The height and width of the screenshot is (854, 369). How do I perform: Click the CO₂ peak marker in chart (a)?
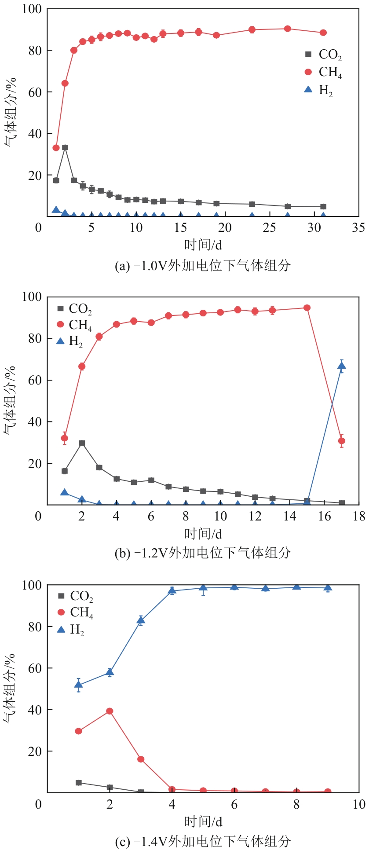tap(65, 147)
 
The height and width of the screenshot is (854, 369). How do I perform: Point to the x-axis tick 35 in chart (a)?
tap(358, 227)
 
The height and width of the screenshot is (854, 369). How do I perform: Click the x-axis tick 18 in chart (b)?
tap(359, 516)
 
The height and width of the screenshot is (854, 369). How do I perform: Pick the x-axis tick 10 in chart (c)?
tap(359, 804)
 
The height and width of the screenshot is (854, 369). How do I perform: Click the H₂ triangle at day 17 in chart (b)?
tap(341, 366)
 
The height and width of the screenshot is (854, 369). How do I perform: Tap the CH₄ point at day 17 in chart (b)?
tap(341, 441)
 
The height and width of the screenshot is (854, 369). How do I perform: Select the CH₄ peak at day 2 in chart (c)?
tap(110, 711)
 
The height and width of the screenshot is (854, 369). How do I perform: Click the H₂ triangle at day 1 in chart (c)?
tap(78, 685)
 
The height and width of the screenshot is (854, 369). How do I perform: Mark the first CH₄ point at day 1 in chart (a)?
tap(56, 148)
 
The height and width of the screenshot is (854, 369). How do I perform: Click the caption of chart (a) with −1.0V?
tap(202, 266)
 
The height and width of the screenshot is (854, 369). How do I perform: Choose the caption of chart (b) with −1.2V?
tap(202, 553)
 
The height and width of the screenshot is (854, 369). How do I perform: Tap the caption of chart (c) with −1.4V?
tap(202, 841)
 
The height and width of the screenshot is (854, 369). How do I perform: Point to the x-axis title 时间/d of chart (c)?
tap(203, 821)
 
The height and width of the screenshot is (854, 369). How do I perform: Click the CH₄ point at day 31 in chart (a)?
tap(323, 33)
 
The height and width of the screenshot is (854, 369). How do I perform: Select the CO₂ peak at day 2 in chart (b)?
tap(82, 443)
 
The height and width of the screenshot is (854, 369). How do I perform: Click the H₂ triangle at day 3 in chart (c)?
tap(141, 621)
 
